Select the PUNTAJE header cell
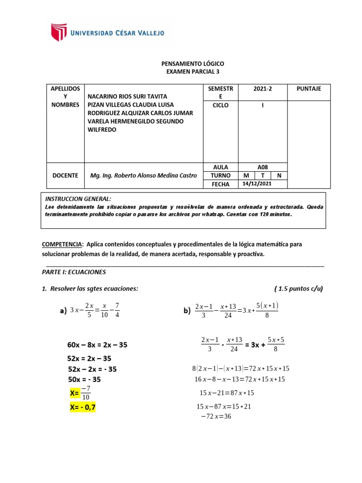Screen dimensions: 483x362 [x=309, y=89]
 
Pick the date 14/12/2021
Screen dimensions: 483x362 [x=257, y=184]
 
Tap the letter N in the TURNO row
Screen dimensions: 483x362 [x=279, y=175]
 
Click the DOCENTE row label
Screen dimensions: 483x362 [x=65, y=175]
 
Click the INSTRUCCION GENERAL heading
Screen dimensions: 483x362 [x=78, y=199]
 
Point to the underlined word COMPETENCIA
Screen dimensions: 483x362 [x=62, y=244]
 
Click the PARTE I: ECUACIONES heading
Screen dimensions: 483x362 [x=74, y=272]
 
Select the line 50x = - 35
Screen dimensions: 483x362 [x=85, y=379]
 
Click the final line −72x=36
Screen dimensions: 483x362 [x=216, y=416]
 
